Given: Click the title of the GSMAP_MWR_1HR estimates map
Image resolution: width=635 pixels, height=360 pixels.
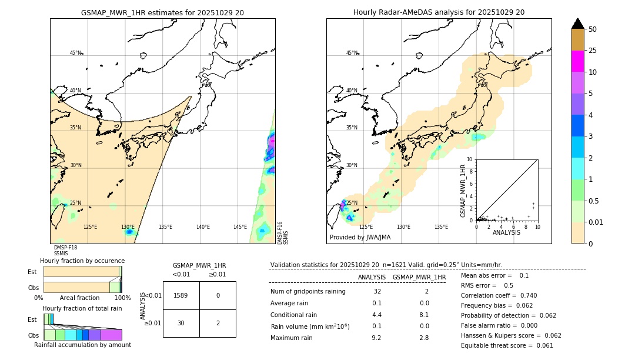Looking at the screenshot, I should (x=162, y=12).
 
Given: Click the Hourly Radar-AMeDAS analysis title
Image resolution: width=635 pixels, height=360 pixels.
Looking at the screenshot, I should (x=439, y=12).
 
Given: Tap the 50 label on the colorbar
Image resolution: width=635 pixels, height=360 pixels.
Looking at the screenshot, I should (x=593, y=29).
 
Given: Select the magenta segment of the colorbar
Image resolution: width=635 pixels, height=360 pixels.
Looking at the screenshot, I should (x=577, y=61).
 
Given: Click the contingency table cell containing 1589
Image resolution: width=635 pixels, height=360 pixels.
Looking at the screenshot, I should (x=181, y=295).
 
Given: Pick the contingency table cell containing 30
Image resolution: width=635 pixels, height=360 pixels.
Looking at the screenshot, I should (x=181, y=323).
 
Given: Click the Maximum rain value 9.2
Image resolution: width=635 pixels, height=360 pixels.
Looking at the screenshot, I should (x=376, y=338).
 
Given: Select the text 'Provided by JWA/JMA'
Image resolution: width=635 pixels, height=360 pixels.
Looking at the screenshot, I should (x=360, y=238).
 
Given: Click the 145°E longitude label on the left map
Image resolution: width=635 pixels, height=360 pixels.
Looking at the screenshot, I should (x=240, y=227).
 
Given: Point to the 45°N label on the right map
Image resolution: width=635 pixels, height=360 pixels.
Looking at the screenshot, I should (x=352, y=53).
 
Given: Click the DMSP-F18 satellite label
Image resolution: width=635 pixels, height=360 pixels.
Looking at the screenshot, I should (x=65, y=248).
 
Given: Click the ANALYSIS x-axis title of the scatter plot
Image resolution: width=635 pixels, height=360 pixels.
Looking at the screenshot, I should (x=506, y=232).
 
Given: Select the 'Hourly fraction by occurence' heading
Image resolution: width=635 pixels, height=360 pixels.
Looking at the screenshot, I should (x=82, y=261).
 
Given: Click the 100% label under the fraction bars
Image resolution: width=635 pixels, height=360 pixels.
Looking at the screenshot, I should (x=122, y=298).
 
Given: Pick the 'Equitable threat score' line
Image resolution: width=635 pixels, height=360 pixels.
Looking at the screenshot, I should (x=507, y=345).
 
